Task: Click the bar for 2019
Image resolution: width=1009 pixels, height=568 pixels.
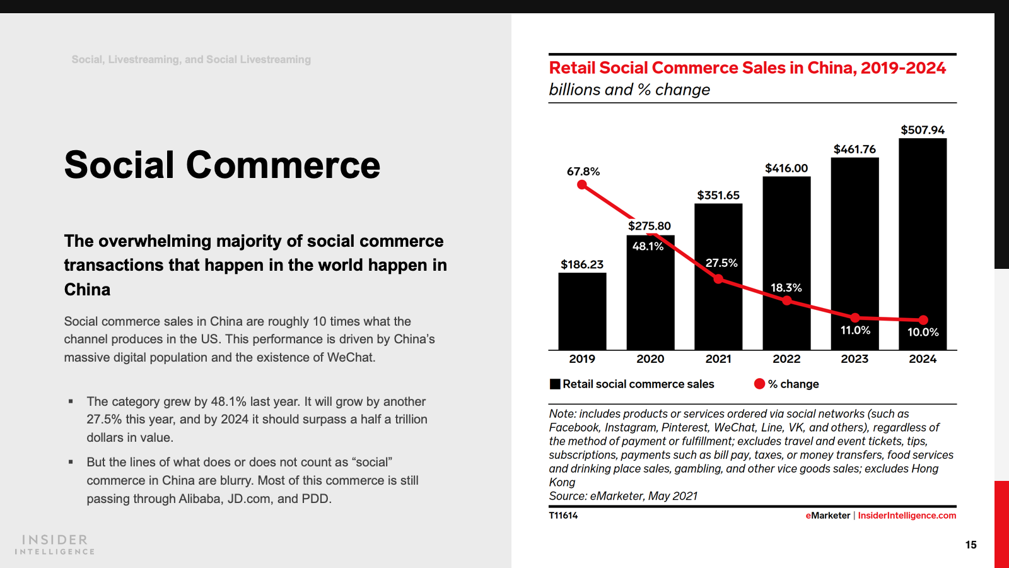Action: coord(582,311)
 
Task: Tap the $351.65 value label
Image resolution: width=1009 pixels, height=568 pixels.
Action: coord(718,195)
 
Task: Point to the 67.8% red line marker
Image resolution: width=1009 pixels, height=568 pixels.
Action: coord(582,185)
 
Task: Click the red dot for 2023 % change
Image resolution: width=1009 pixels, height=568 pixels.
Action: coord(855,317)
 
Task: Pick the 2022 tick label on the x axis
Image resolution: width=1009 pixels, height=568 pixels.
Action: coord(786,359)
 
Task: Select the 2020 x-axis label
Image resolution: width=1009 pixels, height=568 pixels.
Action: coord(650,359)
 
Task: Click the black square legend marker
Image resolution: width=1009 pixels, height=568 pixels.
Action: coord(555,384)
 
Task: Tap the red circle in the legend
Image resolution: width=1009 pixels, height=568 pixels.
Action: coord(759,384)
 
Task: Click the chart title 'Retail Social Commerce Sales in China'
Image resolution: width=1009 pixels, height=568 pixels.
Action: coord(747,68)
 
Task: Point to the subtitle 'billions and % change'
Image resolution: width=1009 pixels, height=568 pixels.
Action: coord(629,90)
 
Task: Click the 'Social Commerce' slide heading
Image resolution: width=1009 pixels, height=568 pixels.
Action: coord(222,165)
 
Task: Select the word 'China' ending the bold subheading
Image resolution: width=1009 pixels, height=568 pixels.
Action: coord(87,290)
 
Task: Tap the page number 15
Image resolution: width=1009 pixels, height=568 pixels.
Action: coord(971,545)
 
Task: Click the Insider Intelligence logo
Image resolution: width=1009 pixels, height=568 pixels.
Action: coord(55,545)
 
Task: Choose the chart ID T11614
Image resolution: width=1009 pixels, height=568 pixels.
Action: coord(563,516)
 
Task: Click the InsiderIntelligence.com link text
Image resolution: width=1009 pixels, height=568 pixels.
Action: coord(907,516)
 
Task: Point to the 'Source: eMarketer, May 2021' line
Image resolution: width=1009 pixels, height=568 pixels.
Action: coord(623,496)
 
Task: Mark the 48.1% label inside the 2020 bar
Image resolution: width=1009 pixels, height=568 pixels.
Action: coord(648,246)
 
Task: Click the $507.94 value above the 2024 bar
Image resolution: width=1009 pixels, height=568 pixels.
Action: coord(923,130)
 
